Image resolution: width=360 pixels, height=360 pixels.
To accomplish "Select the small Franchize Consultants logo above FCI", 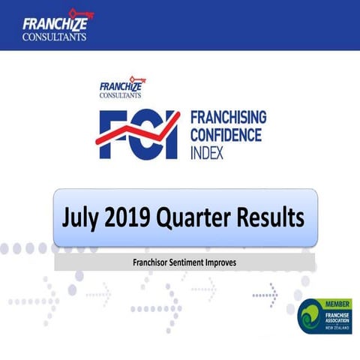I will click(x=121, y=88).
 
